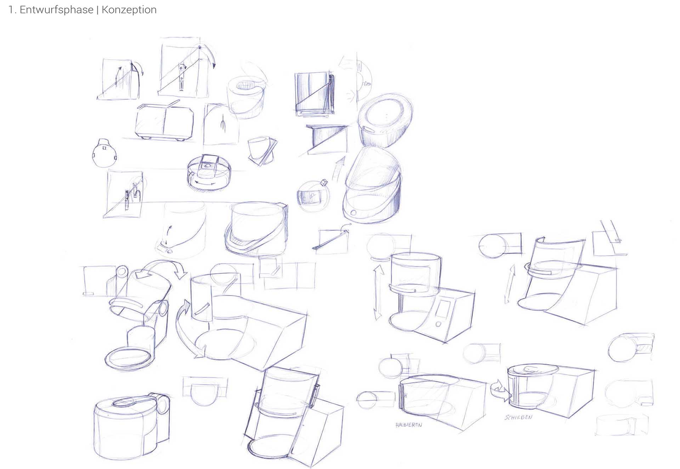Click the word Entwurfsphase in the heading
pos(57,10)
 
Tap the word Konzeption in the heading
pos(129,10)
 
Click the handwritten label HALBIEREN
pos(409,424)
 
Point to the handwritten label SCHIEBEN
pos(518,417)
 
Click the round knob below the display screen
pos(438,324)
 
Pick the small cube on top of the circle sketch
pos(323,183)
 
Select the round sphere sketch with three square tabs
pos(104,153)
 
